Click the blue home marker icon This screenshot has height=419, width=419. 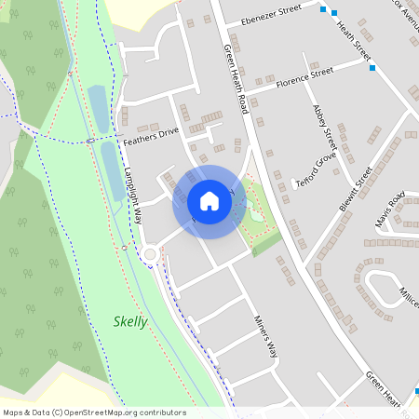[209, 201]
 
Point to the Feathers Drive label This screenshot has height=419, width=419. [150, 136]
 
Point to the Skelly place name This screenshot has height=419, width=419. [130, 322]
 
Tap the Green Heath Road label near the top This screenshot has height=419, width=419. [235, 79]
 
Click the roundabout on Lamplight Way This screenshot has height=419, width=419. [150, 254]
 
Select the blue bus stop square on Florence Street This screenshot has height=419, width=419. [372, 68]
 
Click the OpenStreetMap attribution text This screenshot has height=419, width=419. [94, 412]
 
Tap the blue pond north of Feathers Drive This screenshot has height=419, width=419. [98, 107]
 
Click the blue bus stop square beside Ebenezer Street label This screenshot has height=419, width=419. [322, 10]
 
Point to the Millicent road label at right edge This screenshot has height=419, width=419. [408, 295]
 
